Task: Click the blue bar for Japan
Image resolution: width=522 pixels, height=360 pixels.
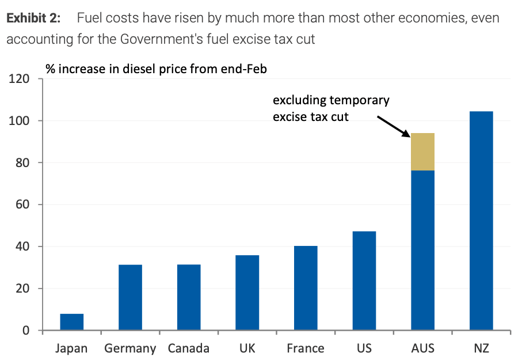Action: pos(72,322)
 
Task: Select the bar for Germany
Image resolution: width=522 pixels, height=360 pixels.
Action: pos(130,297)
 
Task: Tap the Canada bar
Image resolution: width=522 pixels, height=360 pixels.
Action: pos(189,297)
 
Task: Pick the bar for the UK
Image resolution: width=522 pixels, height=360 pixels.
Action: pos(247,293)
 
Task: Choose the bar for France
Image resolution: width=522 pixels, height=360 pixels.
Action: pos(306,288)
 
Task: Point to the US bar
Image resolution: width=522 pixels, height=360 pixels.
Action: pos(364,281)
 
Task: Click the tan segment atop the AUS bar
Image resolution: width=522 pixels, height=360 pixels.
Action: pos(422,151)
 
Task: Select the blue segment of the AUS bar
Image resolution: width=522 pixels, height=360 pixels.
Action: pos(422,250)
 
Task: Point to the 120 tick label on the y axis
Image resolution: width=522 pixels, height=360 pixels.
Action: pos(21,79)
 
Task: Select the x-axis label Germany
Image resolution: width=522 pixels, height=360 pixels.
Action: pos(130,348)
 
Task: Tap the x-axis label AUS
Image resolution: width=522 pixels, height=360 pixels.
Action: pos(422,348)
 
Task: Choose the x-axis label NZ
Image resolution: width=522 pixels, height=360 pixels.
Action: pos(481,348)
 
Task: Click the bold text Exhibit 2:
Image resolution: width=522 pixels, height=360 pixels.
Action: pos(33,18)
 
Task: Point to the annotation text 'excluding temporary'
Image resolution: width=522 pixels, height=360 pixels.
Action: pos(331,100)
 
